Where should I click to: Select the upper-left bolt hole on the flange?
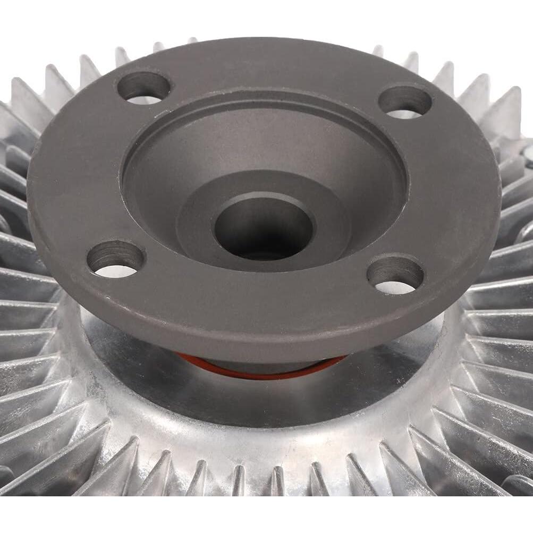click(143, 87)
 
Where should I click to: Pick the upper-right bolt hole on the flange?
click(404, 101)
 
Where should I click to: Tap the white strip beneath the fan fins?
click(266, 515)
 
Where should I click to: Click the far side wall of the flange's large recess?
click(266, 122)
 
